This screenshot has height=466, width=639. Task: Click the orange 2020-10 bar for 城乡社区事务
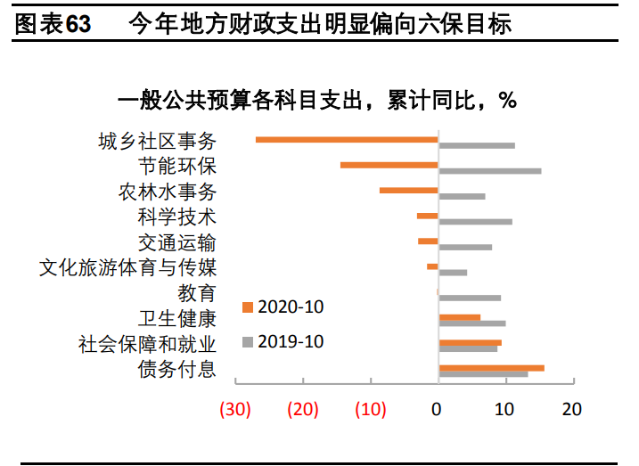(x=347, y=139)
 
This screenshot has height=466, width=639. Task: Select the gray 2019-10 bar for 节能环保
(x=489, y=170)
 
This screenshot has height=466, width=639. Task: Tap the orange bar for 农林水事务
(x=409, y=190)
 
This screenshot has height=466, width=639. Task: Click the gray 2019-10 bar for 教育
(x=470, y=298)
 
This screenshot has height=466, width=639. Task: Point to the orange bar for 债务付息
(x=491, y=367)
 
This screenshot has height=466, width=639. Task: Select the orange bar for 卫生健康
(x=459, y=317)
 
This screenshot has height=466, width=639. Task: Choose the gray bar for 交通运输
(x=465, y=247)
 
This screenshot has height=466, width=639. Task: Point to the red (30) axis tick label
(x=235, y=410)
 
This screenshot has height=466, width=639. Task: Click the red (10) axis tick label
(x=370, y=410)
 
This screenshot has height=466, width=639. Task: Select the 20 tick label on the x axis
(x=572, y=410)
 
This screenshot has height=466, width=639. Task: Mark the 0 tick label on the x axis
(x=437, y=410)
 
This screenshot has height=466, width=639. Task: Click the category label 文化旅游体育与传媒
(x=127, y=267)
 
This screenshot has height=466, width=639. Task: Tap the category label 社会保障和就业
(x=147, y=344)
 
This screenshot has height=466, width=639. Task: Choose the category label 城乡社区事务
(x=157, y=141)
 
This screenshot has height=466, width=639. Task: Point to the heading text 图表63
(x=54, y=25)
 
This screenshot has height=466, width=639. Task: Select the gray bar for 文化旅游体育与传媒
(x=453, y=272)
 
